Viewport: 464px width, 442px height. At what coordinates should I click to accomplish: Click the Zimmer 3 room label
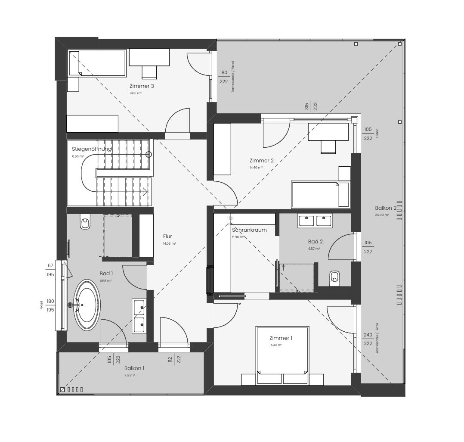(142, 86)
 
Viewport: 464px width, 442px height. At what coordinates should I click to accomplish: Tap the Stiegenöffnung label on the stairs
(92, 149)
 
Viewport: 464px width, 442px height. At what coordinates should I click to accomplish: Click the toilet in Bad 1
(85, 223)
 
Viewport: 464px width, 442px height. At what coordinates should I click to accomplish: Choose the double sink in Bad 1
(139, 316)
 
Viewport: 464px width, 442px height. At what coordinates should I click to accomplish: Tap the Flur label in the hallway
(167, 237)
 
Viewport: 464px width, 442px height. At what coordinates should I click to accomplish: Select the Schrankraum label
(249, 230)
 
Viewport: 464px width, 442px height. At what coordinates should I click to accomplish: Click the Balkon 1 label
(134, 368)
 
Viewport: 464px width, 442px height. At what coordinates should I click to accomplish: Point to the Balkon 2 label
(385, 208)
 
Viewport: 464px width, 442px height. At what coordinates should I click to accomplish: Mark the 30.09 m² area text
(382, 215)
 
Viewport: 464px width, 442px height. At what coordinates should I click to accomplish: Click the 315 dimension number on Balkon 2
(307, 106)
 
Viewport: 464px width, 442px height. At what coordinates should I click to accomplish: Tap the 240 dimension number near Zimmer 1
(368, 335)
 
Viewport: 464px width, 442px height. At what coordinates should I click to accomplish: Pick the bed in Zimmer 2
(321, 194)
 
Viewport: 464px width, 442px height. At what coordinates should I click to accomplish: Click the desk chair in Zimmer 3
(149, 72)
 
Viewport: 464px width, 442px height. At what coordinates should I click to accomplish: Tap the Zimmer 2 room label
(261, 161)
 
